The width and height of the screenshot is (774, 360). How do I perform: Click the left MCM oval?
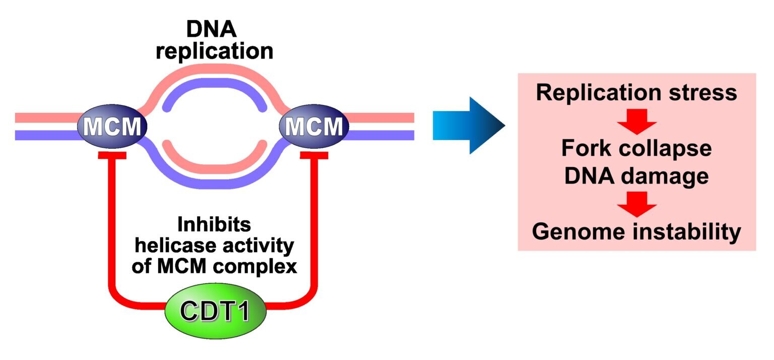pos(112,126)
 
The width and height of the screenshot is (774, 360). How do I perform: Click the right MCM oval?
pos(314,126)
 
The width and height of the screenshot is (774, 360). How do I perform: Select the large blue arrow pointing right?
pos(469,126)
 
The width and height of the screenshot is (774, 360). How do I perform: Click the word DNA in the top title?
pos(212,30)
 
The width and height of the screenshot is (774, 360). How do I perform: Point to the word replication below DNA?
pos(214,51)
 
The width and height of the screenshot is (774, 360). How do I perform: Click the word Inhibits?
pos(214,225)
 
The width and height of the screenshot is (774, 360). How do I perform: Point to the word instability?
pos(688,232)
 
